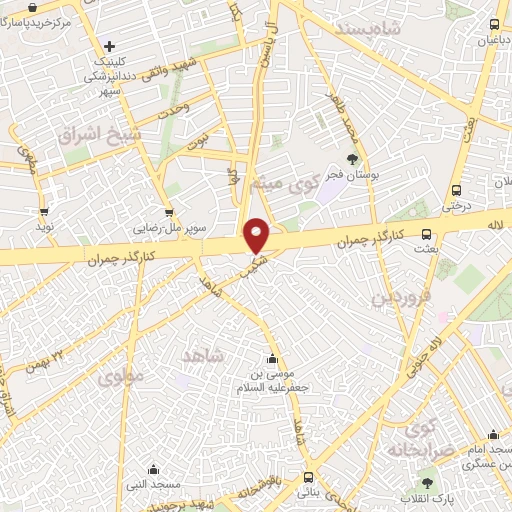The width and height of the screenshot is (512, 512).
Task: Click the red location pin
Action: pos(257,235)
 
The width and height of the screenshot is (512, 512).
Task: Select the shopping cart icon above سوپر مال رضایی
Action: pos(168,212)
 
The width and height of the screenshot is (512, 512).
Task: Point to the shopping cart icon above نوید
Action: pos(44,212)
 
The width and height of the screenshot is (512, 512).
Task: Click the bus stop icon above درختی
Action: pos(456,190)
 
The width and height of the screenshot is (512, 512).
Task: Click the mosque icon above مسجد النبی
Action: pos(152,469)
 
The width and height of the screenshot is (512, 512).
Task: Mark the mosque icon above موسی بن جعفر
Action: pos(272,359)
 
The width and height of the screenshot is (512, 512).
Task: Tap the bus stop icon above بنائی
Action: pos(306,477)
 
